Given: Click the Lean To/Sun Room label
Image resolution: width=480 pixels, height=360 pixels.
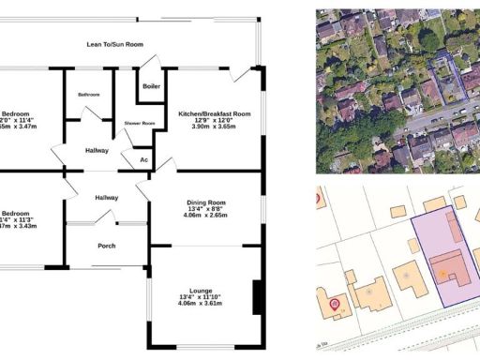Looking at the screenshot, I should click(114, 44).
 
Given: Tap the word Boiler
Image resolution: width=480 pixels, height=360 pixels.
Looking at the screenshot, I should click(151, 87).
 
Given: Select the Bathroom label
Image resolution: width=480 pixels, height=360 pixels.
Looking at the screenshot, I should click(89, 95).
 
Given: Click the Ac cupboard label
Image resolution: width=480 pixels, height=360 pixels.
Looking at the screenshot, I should click(143, 160).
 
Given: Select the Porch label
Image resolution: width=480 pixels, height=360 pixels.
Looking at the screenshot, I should click(107, 247).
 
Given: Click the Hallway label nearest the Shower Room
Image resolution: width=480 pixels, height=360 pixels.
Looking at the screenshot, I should click(96, 150).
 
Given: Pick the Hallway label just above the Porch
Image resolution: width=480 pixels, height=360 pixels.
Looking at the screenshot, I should click(106, 198).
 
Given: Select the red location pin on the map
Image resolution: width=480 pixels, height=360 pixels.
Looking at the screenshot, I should click(335, 304).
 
